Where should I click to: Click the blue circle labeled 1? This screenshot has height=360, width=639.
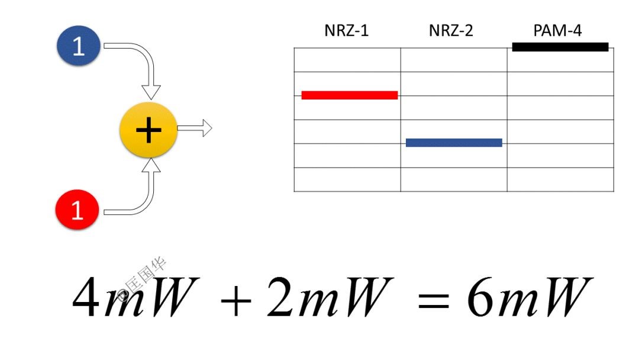[79, 46]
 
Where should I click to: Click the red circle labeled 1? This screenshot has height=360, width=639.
[78, 210]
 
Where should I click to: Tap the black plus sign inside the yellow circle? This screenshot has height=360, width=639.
[149, 130]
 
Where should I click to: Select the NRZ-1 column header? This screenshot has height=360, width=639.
[346, 31]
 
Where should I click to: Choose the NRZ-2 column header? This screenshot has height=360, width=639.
[451, 31]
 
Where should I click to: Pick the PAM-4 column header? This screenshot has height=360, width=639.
[557, 31]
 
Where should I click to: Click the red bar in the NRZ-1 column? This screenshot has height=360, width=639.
[349, 95]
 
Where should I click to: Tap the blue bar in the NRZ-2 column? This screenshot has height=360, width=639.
[454, 143]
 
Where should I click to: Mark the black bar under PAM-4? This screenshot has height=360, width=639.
[560, 47]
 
